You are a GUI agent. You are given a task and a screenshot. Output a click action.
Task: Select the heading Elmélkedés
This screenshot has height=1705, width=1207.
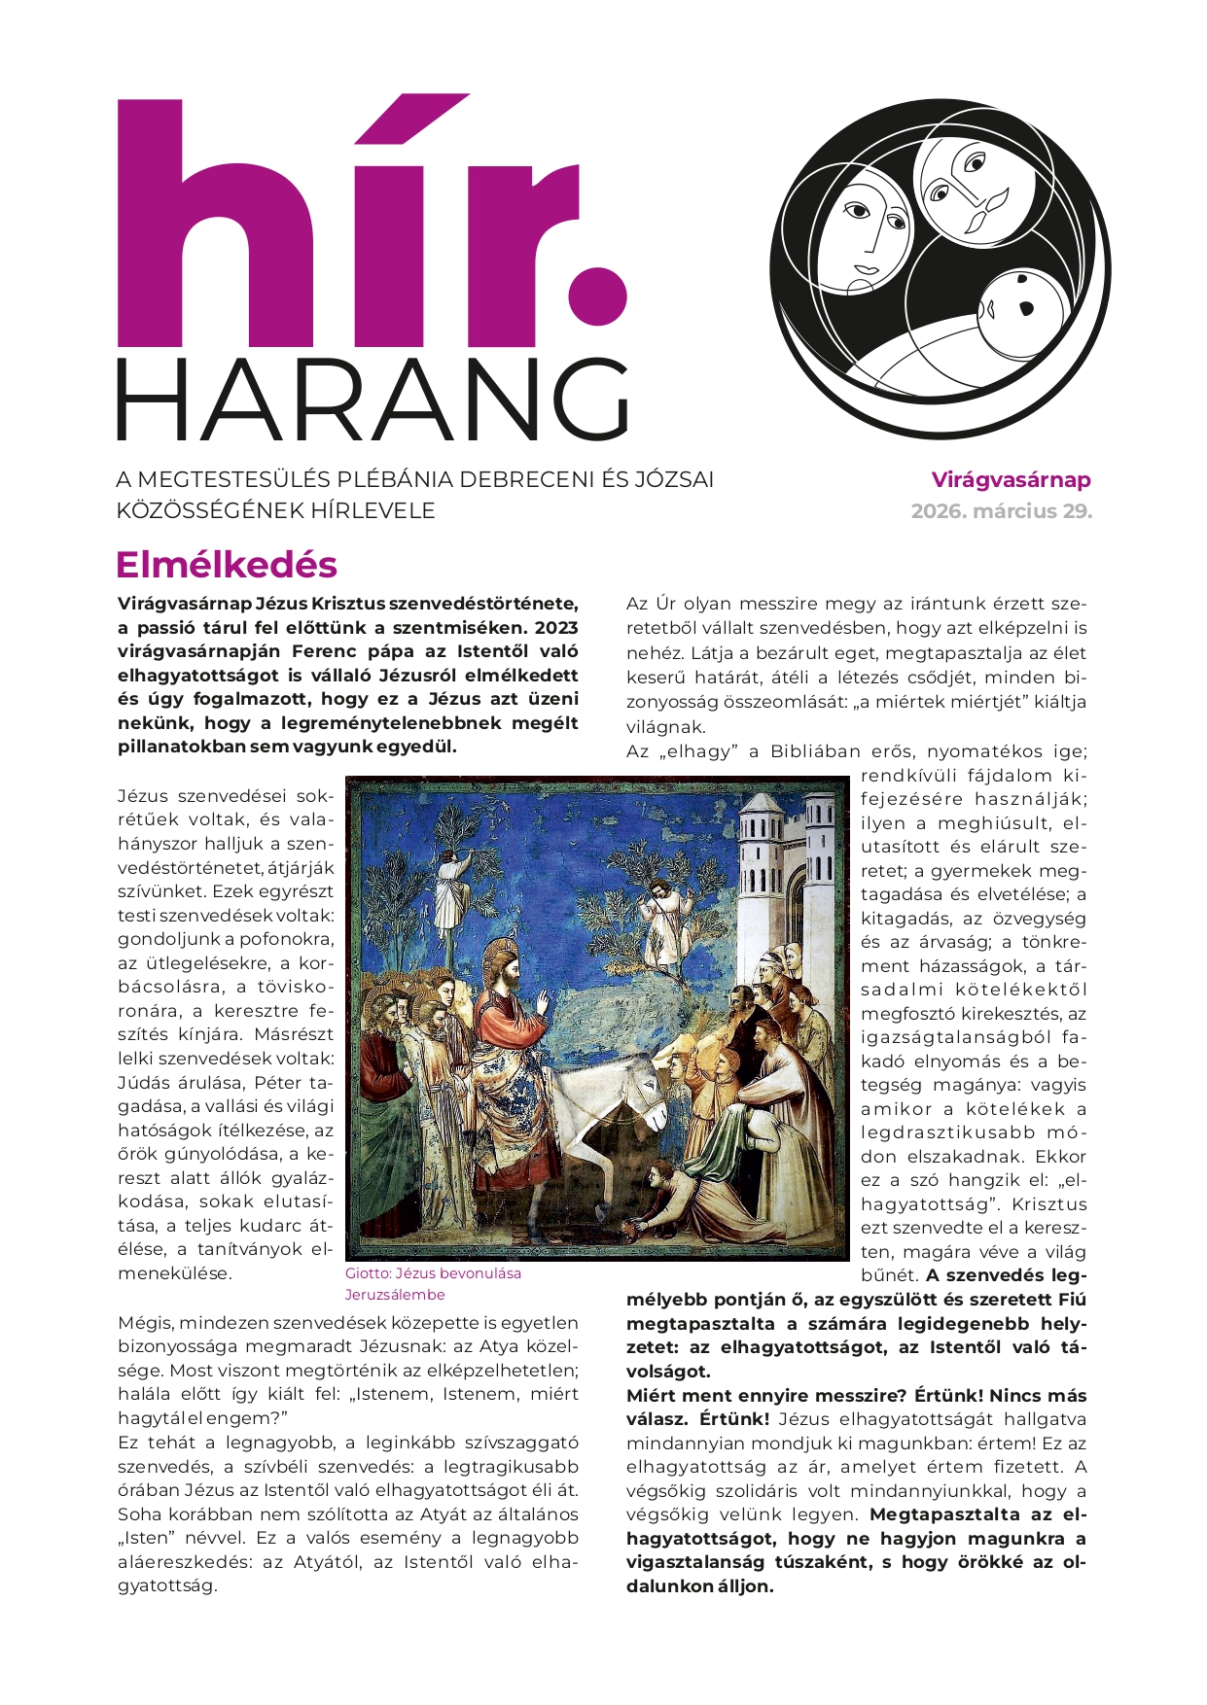[x=226, y=565]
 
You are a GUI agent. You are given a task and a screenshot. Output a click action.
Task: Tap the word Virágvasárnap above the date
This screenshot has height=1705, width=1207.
[x=1011, y=479]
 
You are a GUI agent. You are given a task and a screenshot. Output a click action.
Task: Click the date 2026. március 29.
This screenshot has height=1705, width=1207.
[x=1001, y=510]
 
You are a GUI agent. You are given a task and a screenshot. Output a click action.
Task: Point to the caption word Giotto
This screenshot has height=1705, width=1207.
[x=368, y=1273]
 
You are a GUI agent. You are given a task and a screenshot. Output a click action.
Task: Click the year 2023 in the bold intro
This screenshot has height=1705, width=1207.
[x=556, y=627]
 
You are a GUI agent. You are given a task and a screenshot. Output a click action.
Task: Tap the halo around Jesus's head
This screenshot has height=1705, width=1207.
[x=502, y=962]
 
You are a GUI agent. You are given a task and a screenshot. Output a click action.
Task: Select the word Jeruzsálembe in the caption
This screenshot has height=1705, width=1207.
[x=395, y=1295]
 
